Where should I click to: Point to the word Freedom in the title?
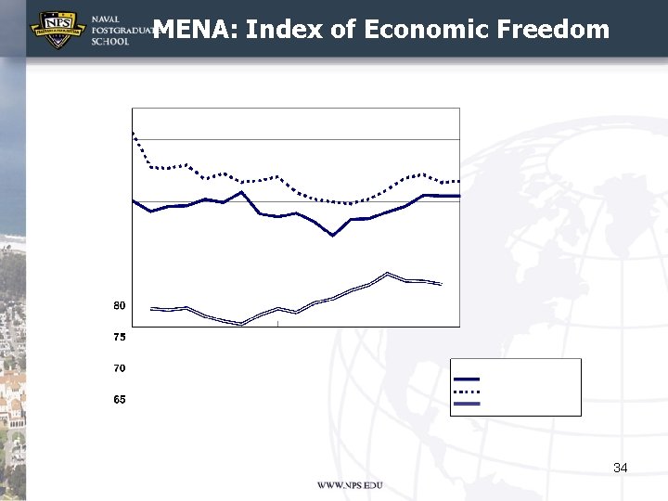click(x=553, y=30)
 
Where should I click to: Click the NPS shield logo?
click(x=58, y=28)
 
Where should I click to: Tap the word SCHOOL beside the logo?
click(x=109, y=43)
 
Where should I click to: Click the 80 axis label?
click(x=120, y=305)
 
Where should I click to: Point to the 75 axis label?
click(x=120, y=337)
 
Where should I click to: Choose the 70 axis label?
click(x=120, y=368)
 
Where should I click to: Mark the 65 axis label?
click(x=120, y=400)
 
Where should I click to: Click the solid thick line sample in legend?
click(x=467, y=379)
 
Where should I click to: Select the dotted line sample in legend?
click(x=467, y=392)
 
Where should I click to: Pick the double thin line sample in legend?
click(x=467, y=405)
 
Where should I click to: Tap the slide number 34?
click(x=621, y=468)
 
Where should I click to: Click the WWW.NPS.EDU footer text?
click(x=350, y=486)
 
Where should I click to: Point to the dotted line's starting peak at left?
click(x=134, y=133)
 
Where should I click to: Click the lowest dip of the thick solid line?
click(x=332, y=236)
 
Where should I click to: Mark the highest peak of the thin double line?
click(x=388, y=273)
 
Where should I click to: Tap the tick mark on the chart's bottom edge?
click(x=278, y=322)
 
